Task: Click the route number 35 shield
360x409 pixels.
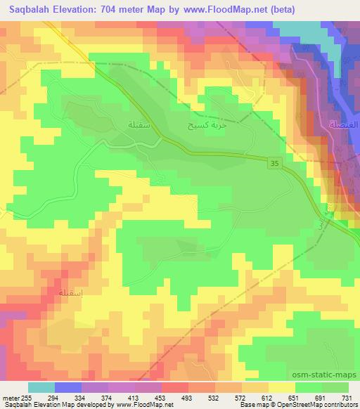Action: tap(274, 162)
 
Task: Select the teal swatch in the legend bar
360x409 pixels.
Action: tap(41, 387)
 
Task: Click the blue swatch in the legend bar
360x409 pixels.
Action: tap(69, 387)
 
